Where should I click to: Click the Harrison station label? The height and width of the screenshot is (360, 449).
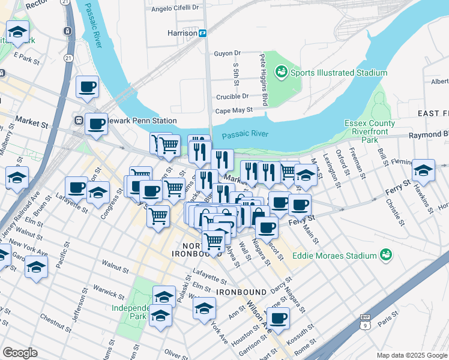(x=182, y=33)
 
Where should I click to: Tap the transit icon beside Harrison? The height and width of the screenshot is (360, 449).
(x=203, y=33)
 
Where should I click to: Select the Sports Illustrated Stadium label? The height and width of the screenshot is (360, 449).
(x=339, y=73)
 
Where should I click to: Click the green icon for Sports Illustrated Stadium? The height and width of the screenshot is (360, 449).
(x=280, y=73)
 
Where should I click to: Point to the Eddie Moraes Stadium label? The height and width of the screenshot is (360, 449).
(x=334, y=256)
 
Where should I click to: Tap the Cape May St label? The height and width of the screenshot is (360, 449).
(x=231, y=110)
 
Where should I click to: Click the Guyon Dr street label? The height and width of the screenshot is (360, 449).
(x=227, y=53)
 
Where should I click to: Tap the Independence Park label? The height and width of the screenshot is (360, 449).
(x=129, y=312)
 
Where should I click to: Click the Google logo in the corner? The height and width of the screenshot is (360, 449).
(x=20, y=353)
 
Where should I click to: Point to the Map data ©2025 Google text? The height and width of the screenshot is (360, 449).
(x=411, y=355)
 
